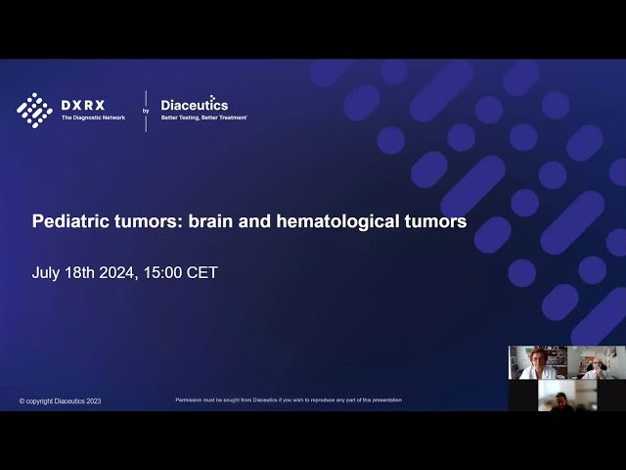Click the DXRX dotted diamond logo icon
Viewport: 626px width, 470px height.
tap(34, 110)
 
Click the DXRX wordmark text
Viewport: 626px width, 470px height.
tap(83, 105)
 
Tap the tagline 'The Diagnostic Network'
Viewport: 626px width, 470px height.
tap(93, 117)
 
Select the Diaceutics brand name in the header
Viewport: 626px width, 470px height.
tap(194, 105)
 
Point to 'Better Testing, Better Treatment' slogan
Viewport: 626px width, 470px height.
tap(203, 117)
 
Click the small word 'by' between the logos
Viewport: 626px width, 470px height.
tap(146, 111)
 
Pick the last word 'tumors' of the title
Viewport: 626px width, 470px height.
tap(432, 222)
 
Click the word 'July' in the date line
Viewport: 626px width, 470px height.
tap(48, 272)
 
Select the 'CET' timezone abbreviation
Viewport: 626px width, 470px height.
tap(202, 272)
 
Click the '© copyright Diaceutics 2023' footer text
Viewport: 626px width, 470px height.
tap(60, 400)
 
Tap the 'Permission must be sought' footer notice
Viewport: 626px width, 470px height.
tap(288, 399)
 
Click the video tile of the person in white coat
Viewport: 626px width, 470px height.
tap(537, 362)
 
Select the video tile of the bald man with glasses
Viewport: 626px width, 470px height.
tap(596, 362)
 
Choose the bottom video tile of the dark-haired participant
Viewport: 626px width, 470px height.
tap(566, 395)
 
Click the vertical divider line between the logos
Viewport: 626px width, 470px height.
tap(146, 110)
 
